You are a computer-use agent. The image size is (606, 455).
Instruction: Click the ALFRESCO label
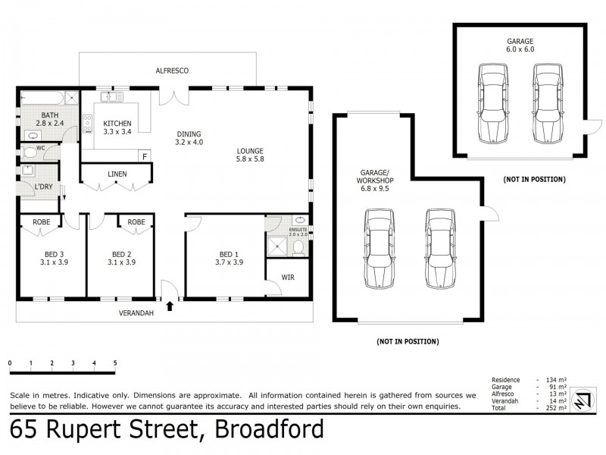pos(172,71)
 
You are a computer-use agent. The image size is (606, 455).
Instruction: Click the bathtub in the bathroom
pos(42,97)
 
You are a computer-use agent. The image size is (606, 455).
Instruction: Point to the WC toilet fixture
pos(30,152)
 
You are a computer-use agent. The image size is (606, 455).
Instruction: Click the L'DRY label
pos(43,187)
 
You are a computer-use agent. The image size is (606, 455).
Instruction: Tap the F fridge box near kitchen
pos(144,156)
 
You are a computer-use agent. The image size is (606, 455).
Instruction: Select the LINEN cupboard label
pos(117,174)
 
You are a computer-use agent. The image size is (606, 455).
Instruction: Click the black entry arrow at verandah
pos(170,306)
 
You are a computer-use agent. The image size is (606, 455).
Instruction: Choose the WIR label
pos(287,277)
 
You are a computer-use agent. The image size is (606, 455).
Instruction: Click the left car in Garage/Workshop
pos(379,249)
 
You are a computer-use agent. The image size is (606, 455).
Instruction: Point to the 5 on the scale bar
pos(115,363)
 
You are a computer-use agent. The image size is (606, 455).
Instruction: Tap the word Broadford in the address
pos(270,430)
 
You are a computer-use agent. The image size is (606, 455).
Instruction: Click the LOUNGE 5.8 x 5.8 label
pos(249,155)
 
